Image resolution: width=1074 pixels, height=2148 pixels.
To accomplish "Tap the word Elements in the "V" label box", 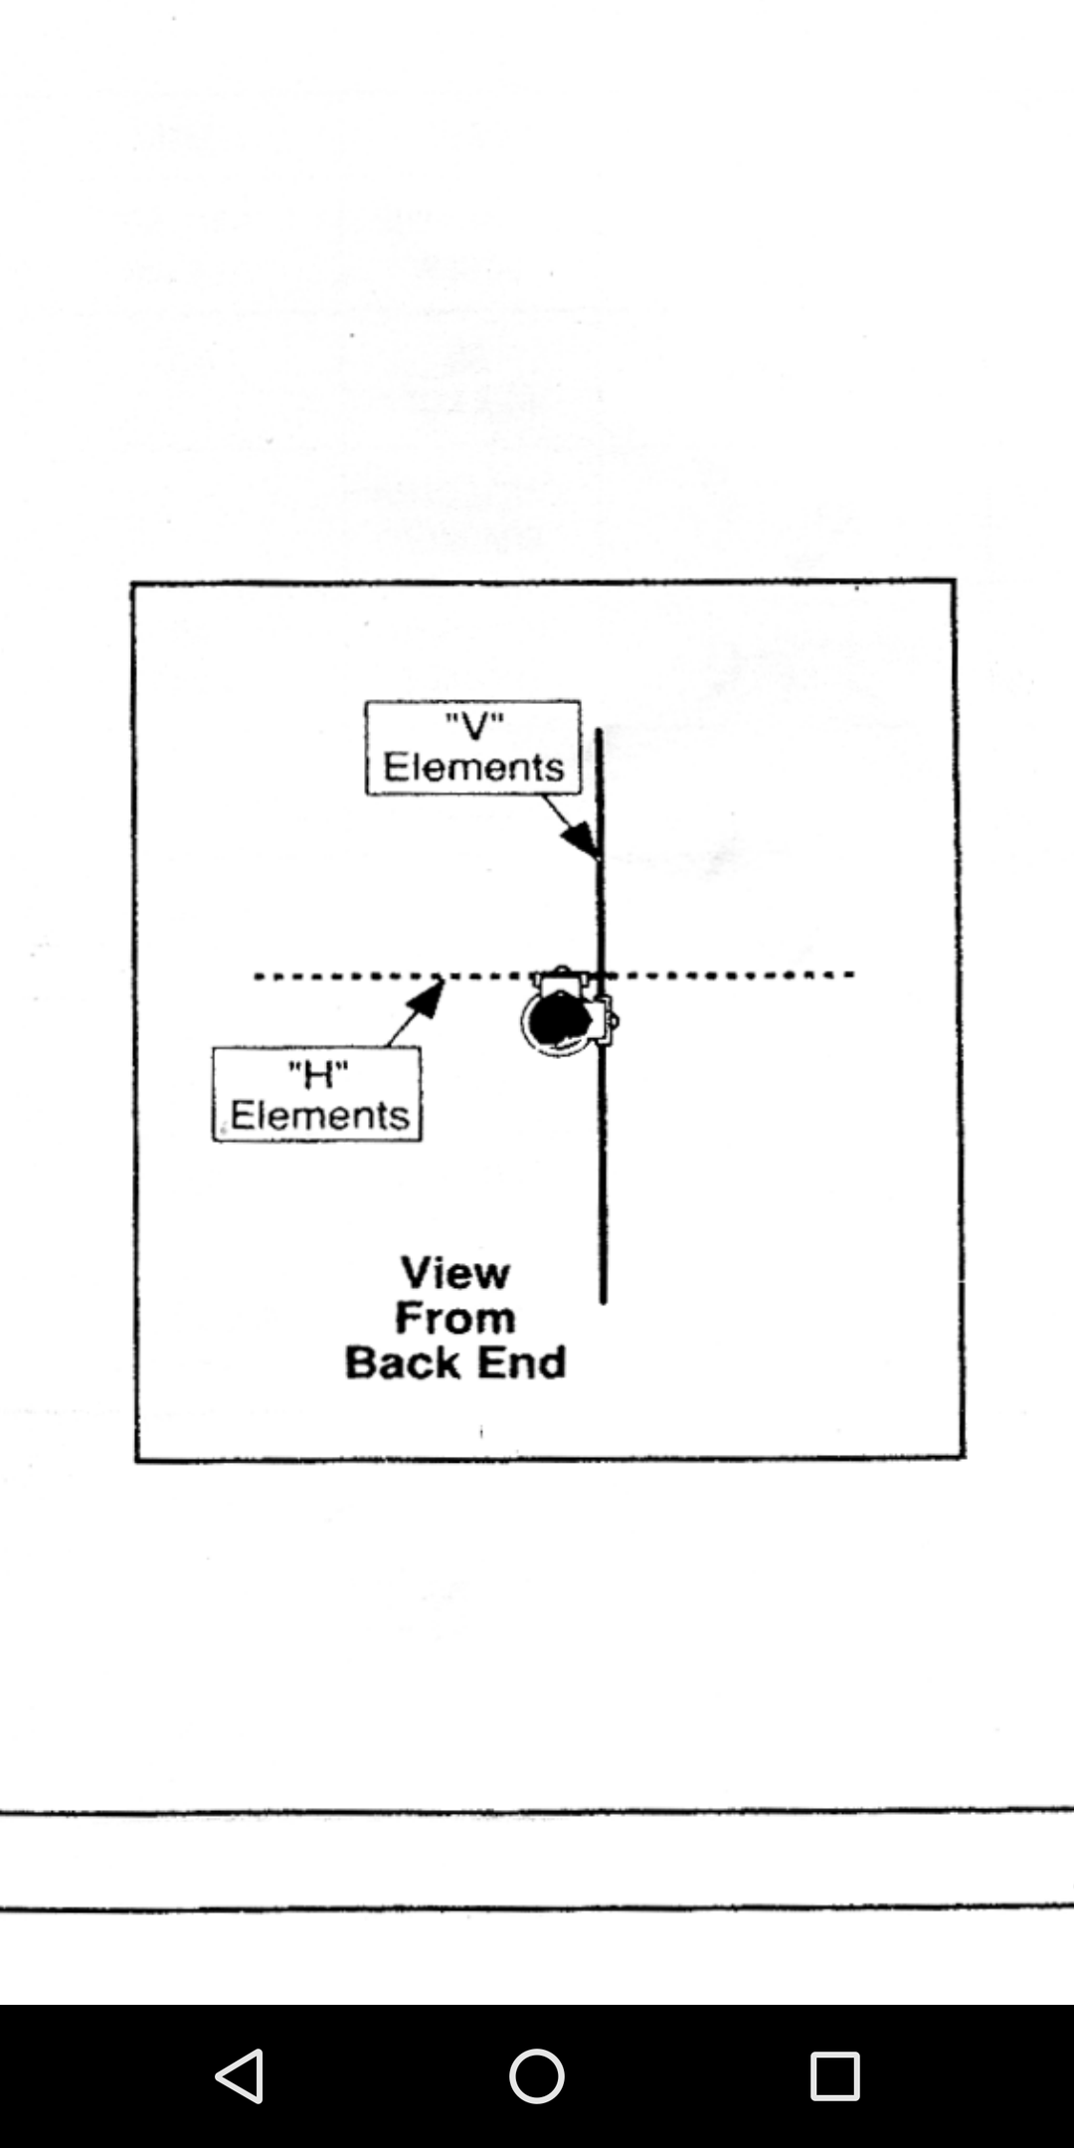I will pos(473,768).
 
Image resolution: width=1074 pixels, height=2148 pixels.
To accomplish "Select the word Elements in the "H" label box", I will pos(319,1116).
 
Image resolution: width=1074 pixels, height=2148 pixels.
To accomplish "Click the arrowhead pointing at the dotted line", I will pos(428,997).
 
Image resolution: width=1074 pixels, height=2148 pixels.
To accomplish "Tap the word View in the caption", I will pos(455,1273).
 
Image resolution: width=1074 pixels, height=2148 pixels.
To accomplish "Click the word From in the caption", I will pos(455,1318).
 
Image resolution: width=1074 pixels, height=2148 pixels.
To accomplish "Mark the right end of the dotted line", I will pos(851,975).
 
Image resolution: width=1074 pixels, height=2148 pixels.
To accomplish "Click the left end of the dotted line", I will pos(258,977).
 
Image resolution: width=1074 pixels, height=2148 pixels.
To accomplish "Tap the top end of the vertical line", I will pos(599,732).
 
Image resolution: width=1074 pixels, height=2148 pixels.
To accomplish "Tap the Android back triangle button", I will pos(241,2075).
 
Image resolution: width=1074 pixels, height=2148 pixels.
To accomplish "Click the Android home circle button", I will pos(537,2075).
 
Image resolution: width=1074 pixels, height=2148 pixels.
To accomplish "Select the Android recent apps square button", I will pos(834,2075).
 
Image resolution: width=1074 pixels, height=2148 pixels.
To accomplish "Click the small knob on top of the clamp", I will pos(562,971).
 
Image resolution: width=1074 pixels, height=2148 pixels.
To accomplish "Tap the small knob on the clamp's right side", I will pos(614,1019).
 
